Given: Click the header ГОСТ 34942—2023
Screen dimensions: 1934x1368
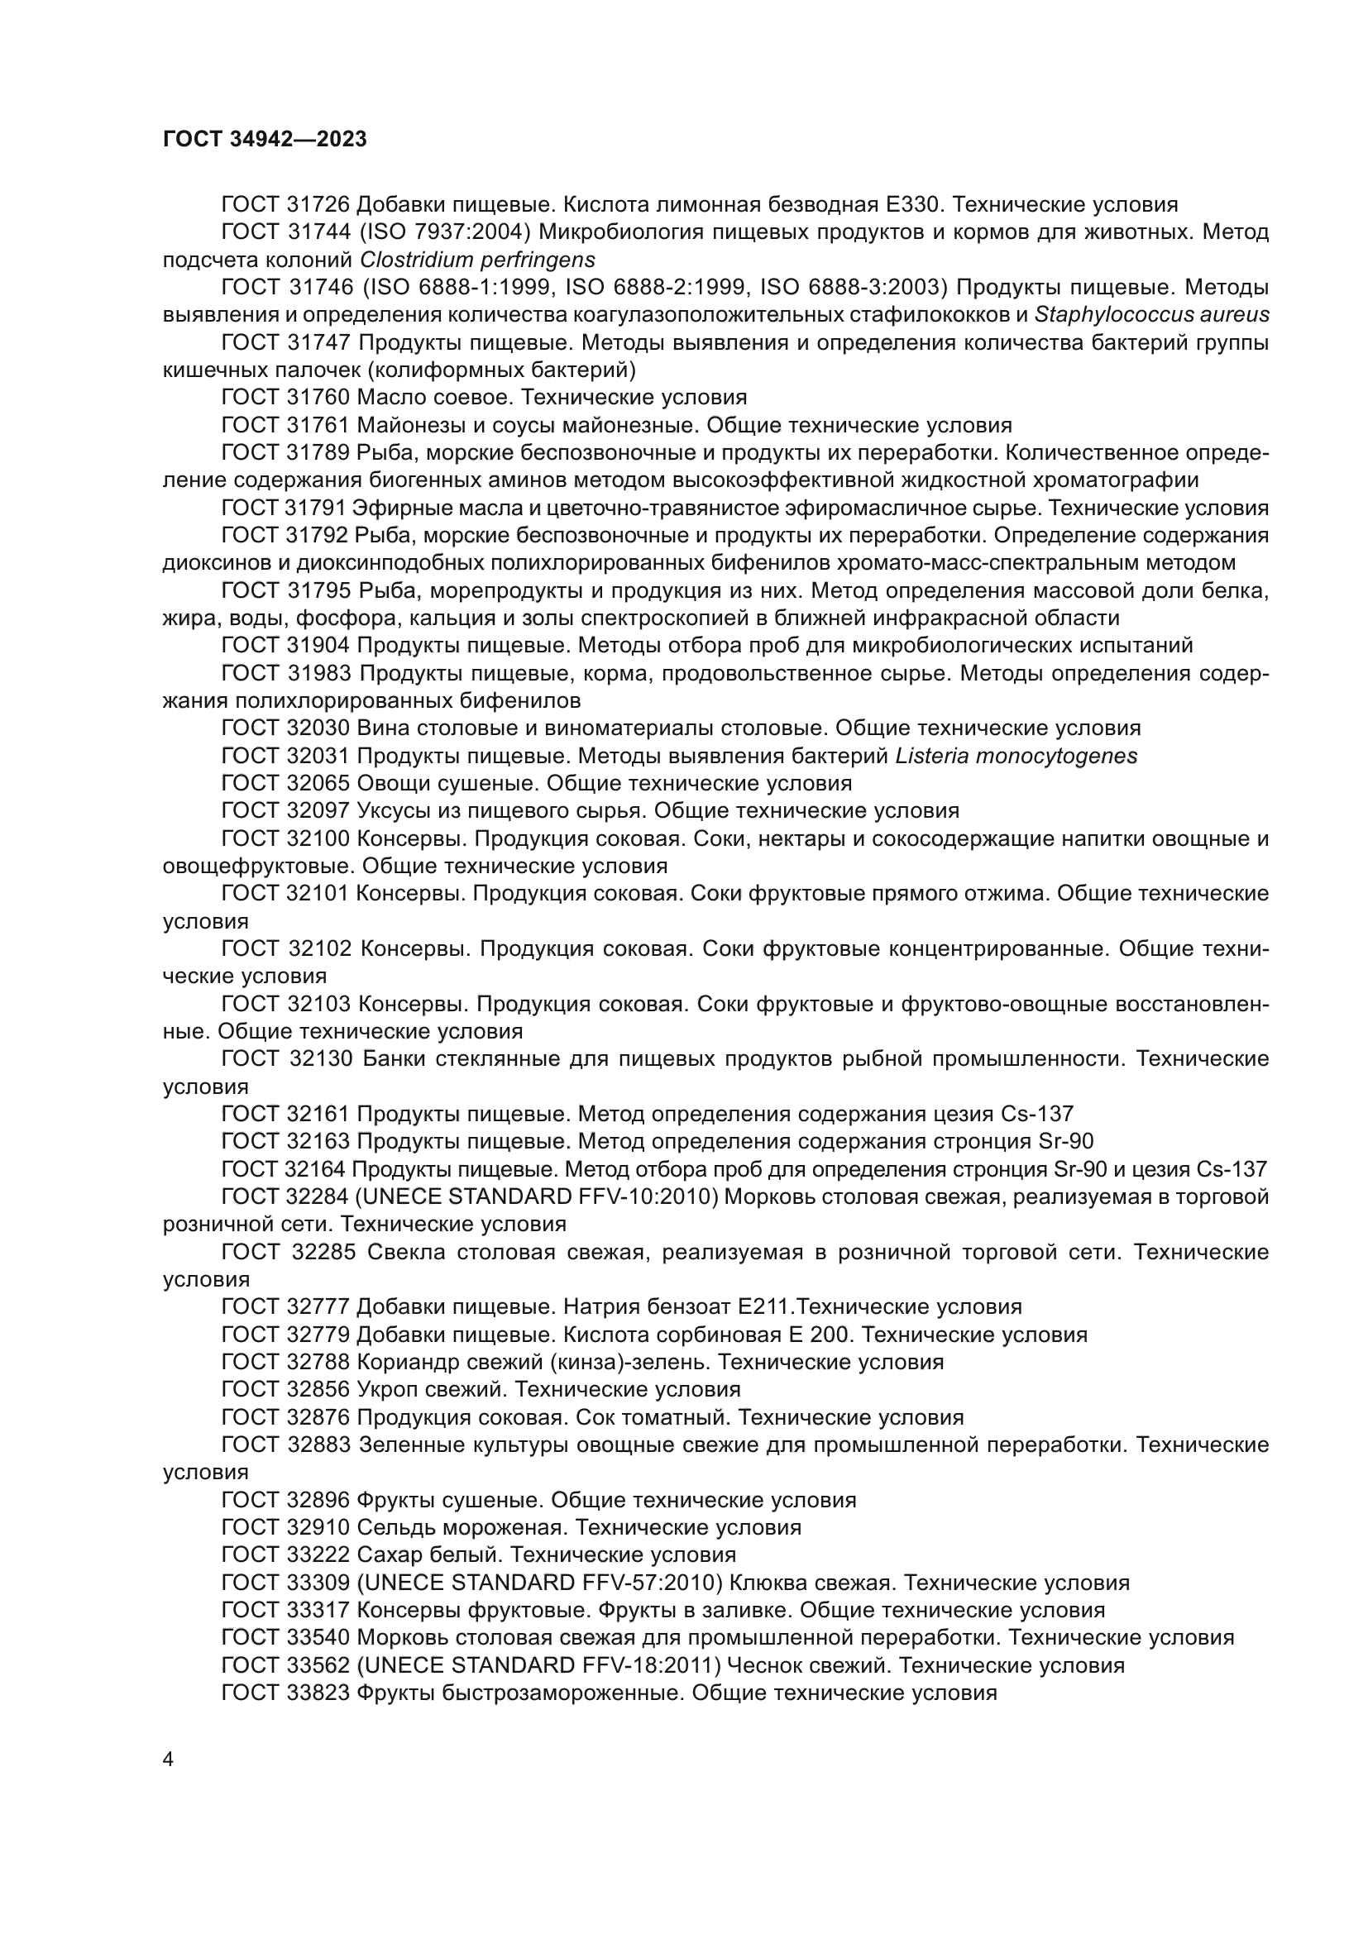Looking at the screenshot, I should point(265,140).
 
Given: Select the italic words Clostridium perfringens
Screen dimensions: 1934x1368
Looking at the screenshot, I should point(477,260).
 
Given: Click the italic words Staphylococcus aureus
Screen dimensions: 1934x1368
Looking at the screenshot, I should point(1151,315).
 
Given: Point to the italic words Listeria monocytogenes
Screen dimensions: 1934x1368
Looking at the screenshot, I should point(1016,757).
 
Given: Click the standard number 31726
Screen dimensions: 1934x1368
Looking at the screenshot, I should point(318,205).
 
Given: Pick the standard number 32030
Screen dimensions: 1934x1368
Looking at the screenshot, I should point(318,728).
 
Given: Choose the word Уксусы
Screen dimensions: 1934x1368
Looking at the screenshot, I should point(390,811).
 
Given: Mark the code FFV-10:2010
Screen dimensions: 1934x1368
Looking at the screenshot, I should point(647,1197).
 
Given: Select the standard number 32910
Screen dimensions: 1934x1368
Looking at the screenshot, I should point(318,1528).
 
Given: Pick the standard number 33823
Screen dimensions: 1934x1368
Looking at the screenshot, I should point(318,1693).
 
